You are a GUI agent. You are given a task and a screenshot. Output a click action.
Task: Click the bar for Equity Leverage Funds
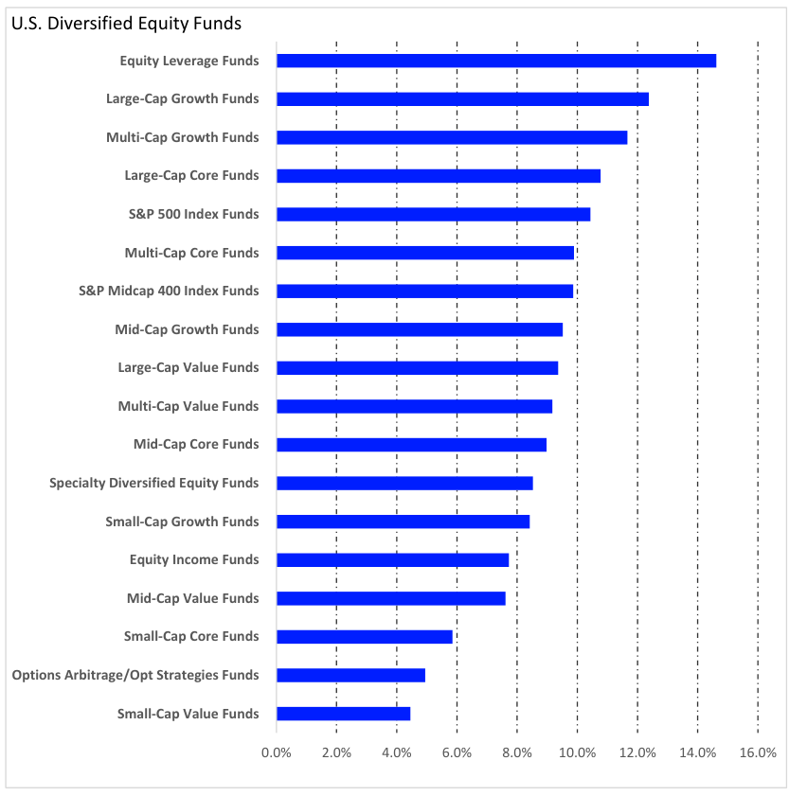495,61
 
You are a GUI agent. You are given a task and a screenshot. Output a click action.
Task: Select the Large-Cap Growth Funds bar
462,98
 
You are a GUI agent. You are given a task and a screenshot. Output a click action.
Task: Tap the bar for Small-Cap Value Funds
343,714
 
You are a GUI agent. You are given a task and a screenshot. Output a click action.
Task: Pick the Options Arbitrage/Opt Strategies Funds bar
350,675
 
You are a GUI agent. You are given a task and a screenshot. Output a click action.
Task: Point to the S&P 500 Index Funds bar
433,214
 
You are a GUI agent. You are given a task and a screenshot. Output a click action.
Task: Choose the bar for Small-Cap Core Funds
365,636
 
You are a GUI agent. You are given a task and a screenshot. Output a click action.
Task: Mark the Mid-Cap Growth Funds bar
420,329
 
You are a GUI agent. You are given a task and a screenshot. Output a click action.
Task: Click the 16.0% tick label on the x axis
757,753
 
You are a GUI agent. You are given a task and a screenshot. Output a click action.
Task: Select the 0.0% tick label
277,753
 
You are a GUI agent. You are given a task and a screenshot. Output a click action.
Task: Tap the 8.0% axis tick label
516,753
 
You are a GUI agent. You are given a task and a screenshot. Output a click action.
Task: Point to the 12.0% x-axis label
637,753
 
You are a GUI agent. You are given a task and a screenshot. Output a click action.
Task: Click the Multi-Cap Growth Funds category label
182,137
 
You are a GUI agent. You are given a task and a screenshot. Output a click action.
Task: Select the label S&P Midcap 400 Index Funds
169,291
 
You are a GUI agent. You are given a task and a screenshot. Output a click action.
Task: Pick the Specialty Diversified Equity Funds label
153,483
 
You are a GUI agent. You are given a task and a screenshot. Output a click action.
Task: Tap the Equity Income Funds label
194,559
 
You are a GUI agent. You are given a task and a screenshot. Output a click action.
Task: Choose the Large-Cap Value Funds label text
188,367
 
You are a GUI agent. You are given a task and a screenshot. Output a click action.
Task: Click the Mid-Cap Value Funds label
192,598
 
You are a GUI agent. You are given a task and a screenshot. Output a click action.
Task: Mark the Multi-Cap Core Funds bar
425,253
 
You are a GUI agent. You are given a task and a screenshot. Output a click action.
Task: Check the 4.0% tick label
396,753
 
